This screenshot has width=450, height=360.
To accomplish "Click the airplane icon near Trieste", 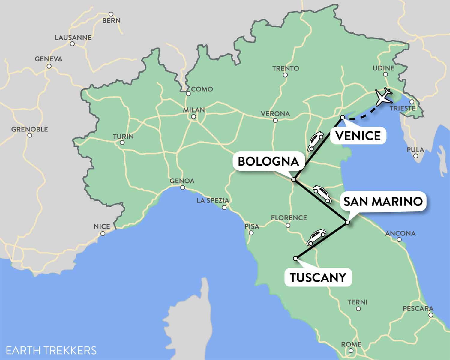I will point(383,97).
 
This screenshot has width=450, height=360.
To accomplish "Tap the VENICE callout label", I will point(358,136).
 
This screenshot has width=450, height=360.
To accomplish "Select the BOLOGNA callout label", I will point(268,161).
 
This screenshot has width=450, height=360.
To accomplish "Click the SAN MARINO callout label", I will point(383,202).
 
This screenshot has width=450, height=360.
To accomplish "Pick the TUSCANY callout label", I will point(318,277).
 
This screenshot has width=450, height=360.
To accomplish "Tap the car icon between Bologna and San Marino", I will point(322,193).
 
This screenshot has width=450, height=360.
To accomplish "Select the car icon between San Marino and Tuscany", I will point(316,237).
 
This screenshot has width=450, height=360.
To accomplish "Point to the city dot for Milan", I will point(194,117).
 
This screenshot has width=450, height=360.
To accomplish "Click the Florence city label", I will point(289,218).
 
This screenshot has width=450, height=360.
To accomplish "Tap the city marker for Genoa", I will point(182,188).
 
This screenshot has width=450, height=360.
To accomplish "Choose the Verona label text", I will point(275,114).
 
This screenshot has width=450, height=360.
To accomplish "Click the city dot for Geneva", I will point(49,66).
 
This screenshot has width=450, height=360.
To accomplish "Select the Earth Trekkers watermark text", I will point(51,350).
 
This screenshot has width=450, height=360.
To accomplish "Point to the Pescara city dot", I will point(431,315).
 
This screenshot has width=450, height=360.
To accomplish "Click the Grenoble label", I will point(30,129).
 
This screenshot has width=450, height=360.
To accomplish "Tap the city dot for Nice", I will point(103,233).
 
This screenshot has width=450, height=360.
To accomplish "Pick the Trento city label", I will point(286,68).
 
